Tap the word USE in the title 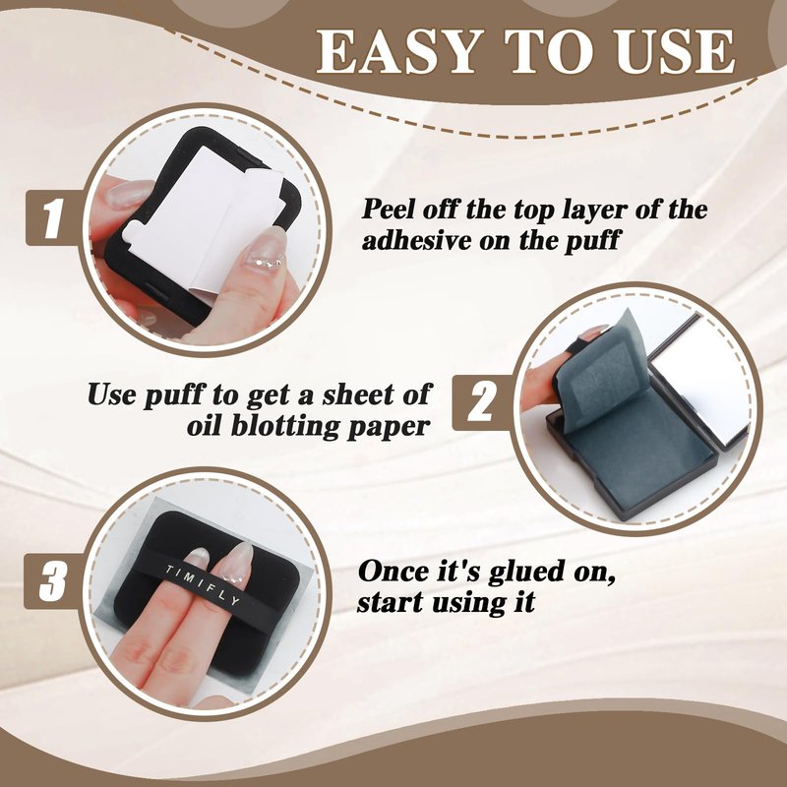point(676,51)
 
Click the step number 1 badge point(53,218)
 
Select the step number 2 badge point(480,402)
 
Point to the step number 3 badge point(52,581)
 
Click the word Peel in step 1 point(389,209)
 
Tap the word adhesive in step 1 point(416,240)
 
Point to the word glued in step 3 point(525,573)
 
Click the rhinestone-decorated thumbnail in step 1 point(266,250)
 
